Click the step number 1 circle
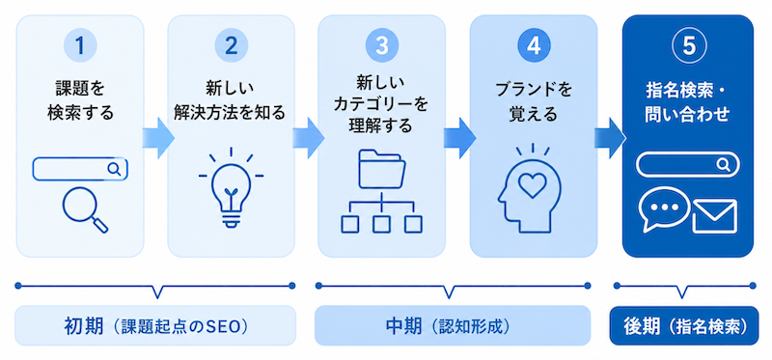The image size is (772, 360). click(80, 45)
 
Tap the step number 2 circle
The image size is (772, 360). click(231, 45)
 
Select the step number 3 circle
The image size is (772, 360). click(381, 45)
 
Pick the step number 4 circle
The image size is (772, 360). click(534, 45)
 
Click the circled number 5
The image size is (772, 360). click(688, 45)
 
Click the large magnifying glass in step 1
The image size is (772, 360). click(85, 209)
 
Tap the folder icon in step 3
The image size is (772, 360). click(382, 169)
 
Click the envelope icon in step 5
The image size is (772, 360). click(714, 215)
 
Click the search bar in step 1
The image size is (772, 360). click(80, 169)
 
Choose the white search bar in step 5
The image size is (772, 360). click(688, 164)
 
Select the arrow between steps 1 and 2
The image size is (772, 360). click(158, 138)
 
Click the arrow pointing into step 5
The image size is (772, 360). click(610, 138)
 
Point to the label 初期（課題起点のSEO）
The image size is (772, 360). click(155, 326)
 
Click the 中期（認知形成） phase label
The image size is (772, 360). click(452, 326)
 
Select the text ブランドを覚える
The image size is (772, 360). click(534, 102)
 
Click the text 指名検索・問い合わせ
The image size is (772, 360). click(688, 102)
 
